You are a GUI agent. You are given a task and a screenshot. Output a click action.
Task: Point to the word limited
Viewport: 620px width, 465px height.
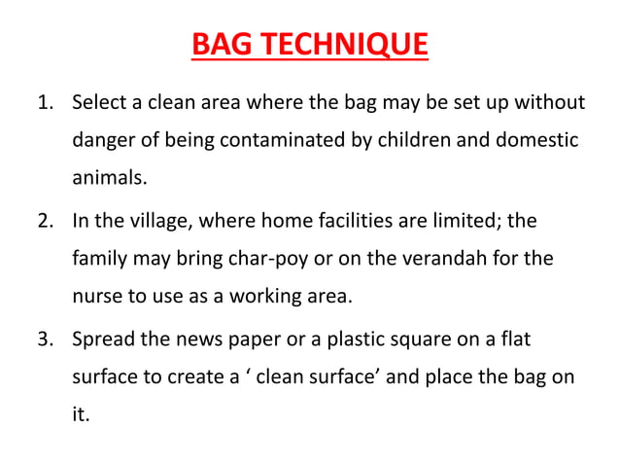click(457, 222)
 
